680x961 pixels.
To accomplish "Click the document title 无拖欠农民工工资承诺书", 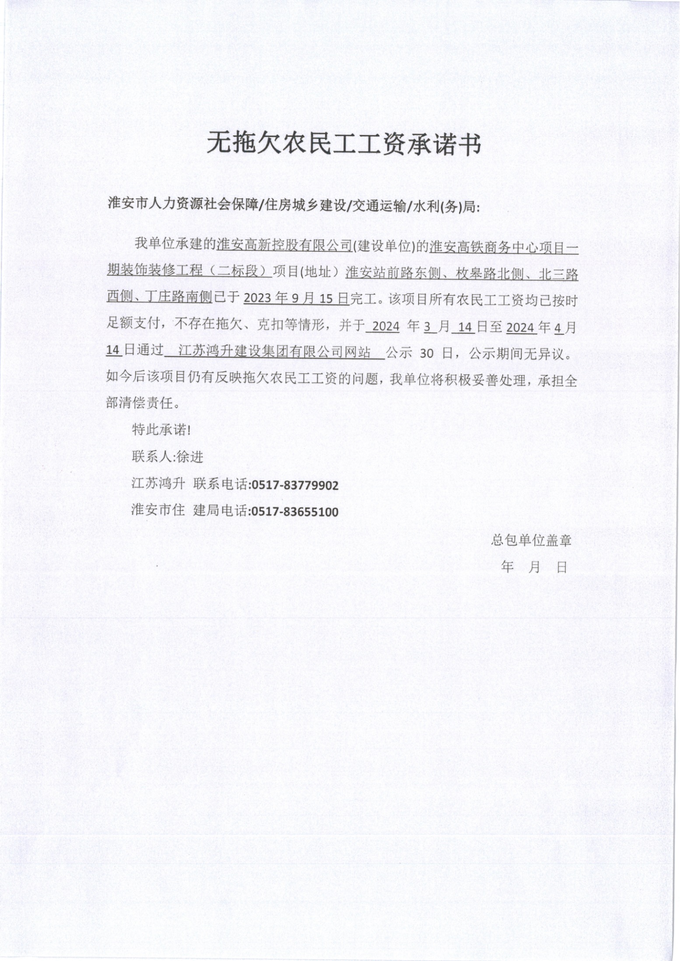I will [x=344, y=144].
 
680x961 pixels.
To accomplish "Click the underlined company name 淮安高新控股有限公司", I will [x=284, y=244].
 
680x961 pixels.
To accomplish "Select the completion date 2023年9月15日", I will [x=296, y=298].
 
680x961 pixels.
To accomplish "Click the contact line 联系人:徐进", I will [x=168, y=457].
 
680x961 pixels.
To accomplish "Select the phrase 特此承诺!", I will [x=161, y=430].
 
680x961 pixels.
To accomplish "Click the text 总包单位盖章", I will [x=531, y=540].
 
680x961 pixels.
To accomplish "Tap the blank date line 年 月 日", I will [x=534, y=567].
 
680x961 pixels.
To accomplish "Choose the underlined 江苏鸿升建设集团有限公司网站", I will [x=275, y=352].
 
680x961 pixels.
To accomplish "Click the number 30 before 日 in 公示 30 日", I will [x=426, y=353].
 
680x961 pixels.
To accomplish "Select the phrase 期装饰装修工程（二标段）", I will [x=189, y=271].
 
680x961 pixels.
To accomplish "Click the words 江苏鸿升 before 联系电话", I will [x=158, y=484].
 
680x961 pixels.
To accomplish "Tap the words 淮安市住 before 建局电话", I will [x=158, y=510].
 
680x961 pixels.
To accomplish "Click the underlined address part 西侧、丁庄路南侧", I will [x=159, y=298].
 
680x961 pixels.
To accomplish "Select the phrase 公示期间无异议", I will [x=517, y=353].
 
